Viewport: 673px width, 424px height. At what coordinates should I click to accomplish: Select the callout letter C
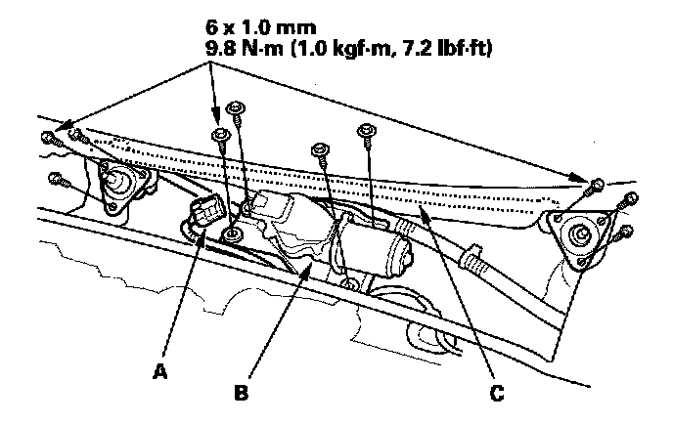(x=499, y=394)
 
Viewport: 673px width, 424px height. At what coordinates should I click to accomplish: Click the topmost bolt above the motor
(x=235, y=108)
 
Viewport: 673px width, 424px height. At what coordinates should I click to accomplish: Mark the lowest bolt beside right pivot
(x=626, y=233)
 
